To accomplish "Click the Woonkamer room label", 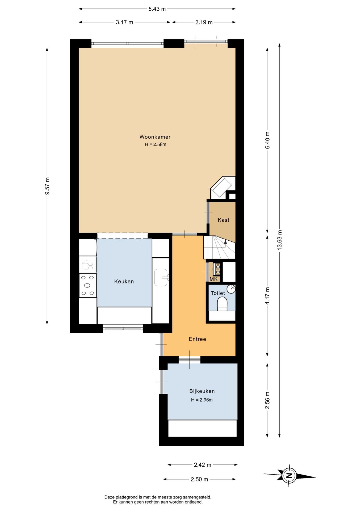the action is [x=155, y=137].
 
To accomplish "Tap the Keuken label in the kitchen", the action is [x=124, y=282].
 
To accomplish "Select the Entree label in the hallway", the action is [x=198, y=339].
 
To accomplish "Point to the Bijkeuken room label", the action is [x=202, y=391].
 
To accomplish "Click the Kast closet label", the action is [x=223, y=220].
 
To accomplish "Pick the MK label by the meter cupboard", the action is [x=214, y=279].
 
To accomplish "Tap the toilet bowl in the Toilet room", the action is [x=222, y=304].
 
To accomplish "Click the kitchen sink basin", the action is [x=161, y=277].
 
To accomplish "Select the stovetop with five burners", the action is [x=88, y=285].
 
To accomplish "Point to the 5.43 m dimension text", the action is [x=157, y=9].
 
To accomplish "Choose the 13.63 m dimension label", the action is [x=279, y=240].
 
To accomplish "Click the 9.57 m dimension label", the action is [x=47, y=186].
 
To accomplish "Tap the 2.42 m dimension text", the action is [x=203, y=465].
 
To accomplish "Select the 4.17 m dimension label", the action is [x=267, y=296].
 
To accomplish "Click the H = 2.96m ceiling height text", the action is [x=202, y=400].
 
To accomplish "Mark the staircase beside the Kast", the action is [x=219, y=247].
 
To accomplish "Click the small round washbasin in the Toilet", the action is [x=231, y=289].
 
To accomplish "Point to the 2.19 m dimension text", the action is [x=204, y=22].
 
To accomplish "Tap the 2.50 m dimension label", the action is [x=199, y=479].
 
